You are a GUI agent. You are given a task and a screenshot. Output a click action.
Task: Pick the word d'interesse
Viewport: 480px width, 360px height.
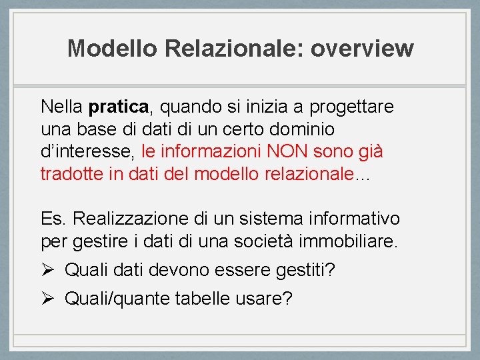tap(87, 152)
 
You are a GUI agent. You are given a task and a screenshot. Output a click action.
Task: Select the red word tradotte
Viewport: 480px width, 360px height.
tap(69, 174)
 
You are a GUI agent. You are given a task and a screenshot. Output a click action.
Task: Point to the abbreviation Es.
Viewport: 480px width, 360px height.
tap(52, 219)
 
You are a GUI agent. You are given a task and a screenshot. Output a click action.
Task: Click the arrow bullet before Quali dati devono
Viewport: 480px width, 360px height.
tap(47, 270)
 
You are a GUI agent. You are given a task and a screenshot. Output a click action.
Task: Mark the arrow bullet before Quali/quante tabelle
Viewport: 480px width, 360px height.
tap(47, 298)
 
